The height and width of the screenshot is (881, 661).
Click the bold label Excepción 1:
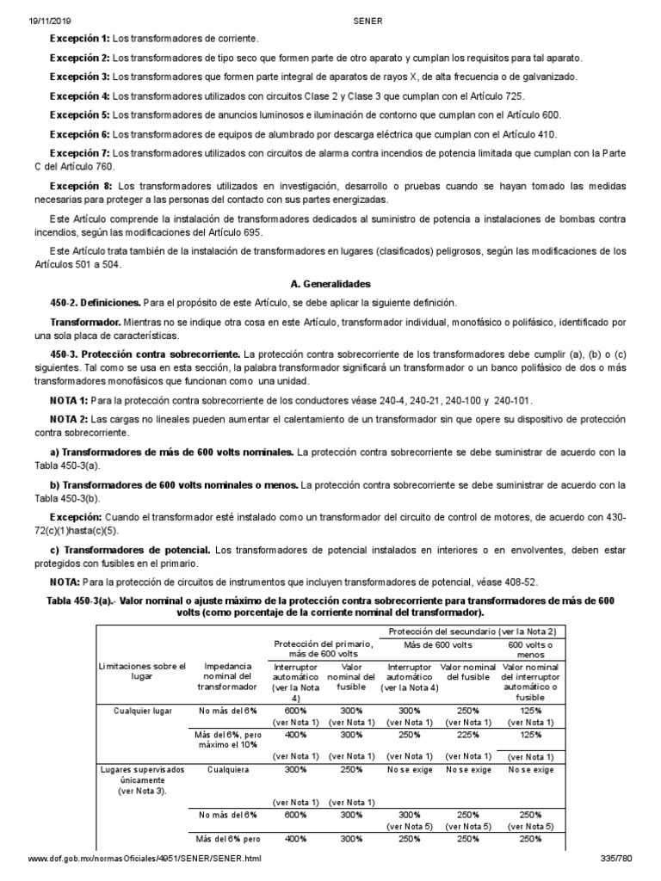click(x=80, y=40)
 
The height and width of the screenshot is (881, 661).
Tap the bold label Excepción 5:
click(x=80, y=114)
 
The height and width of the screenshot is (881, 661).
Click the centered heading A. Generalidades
click(x=330, y=282)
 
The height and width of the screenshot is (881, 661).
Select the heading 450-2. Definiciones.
click(x=95, y=303)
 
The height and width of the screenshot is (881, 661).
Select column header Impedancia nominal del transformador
click(x=227, y=675)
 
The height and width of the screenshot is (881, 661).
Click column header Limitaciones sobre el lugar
click(x=143, y=670)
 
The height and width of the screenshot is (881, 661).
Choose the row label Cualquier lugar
click(x=143, y=711)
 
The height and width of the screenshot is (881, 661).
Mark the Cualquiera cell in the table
click(x=227, y=770)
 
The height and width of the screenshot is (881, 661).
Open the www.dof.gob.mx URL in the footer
click(x=145, y=859)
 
